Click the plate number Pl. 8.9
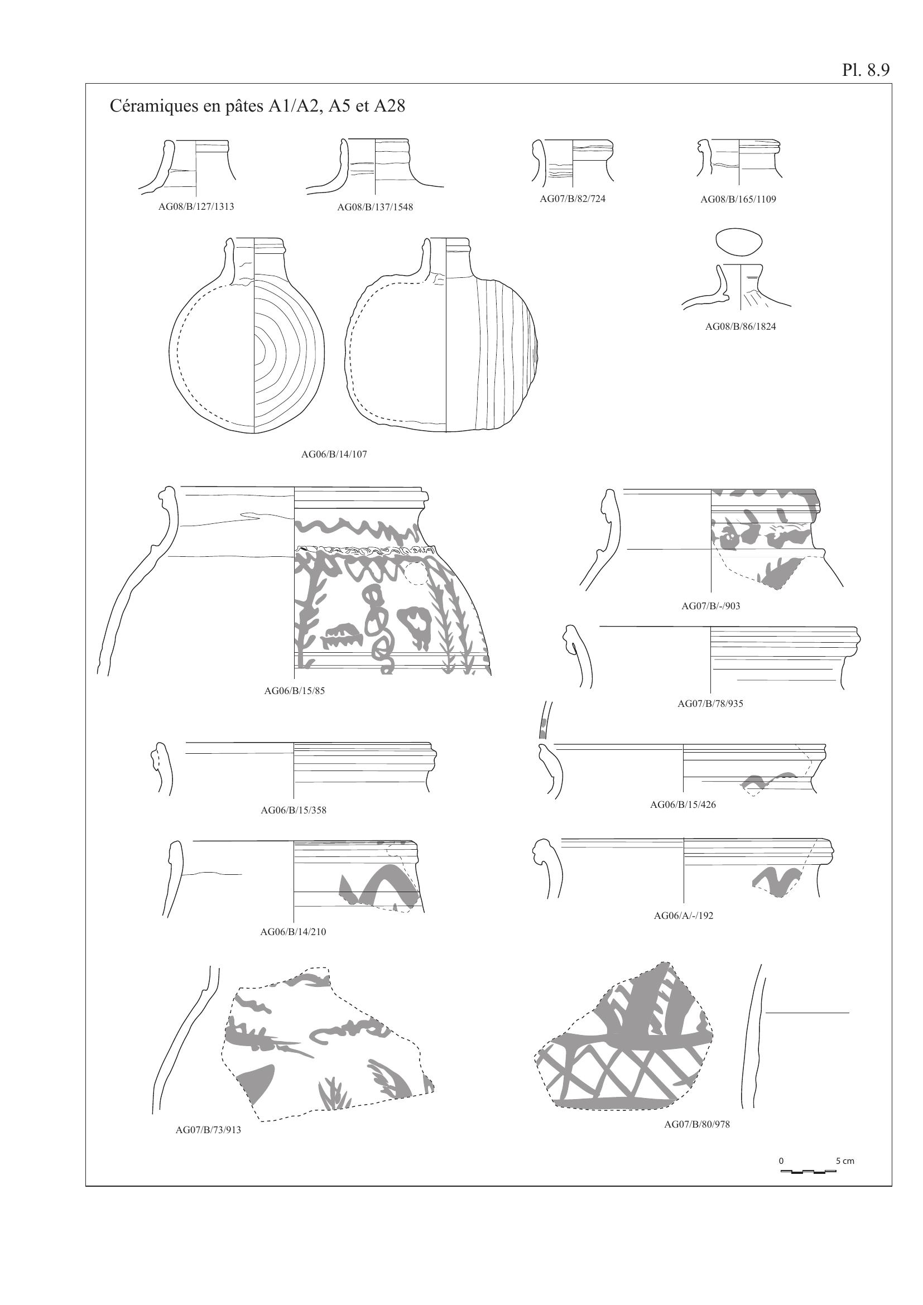point(866,70)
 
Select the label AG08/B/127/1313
point(196,207)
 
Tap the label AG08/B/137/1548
point(375,208)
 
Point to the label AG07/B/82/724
point(573,199)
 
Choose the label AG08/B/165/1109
point(738,200)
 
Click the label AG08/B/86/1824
point(741,327)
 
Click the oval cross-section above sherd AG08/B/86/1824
point(739,242)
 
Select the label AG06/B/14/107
point(334,455)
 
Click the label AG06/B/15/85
point(295,691)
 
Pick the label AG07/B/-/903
point(711,606)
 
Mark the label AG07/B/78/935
point(710,704)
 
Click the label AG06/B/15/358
point(294,811)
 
